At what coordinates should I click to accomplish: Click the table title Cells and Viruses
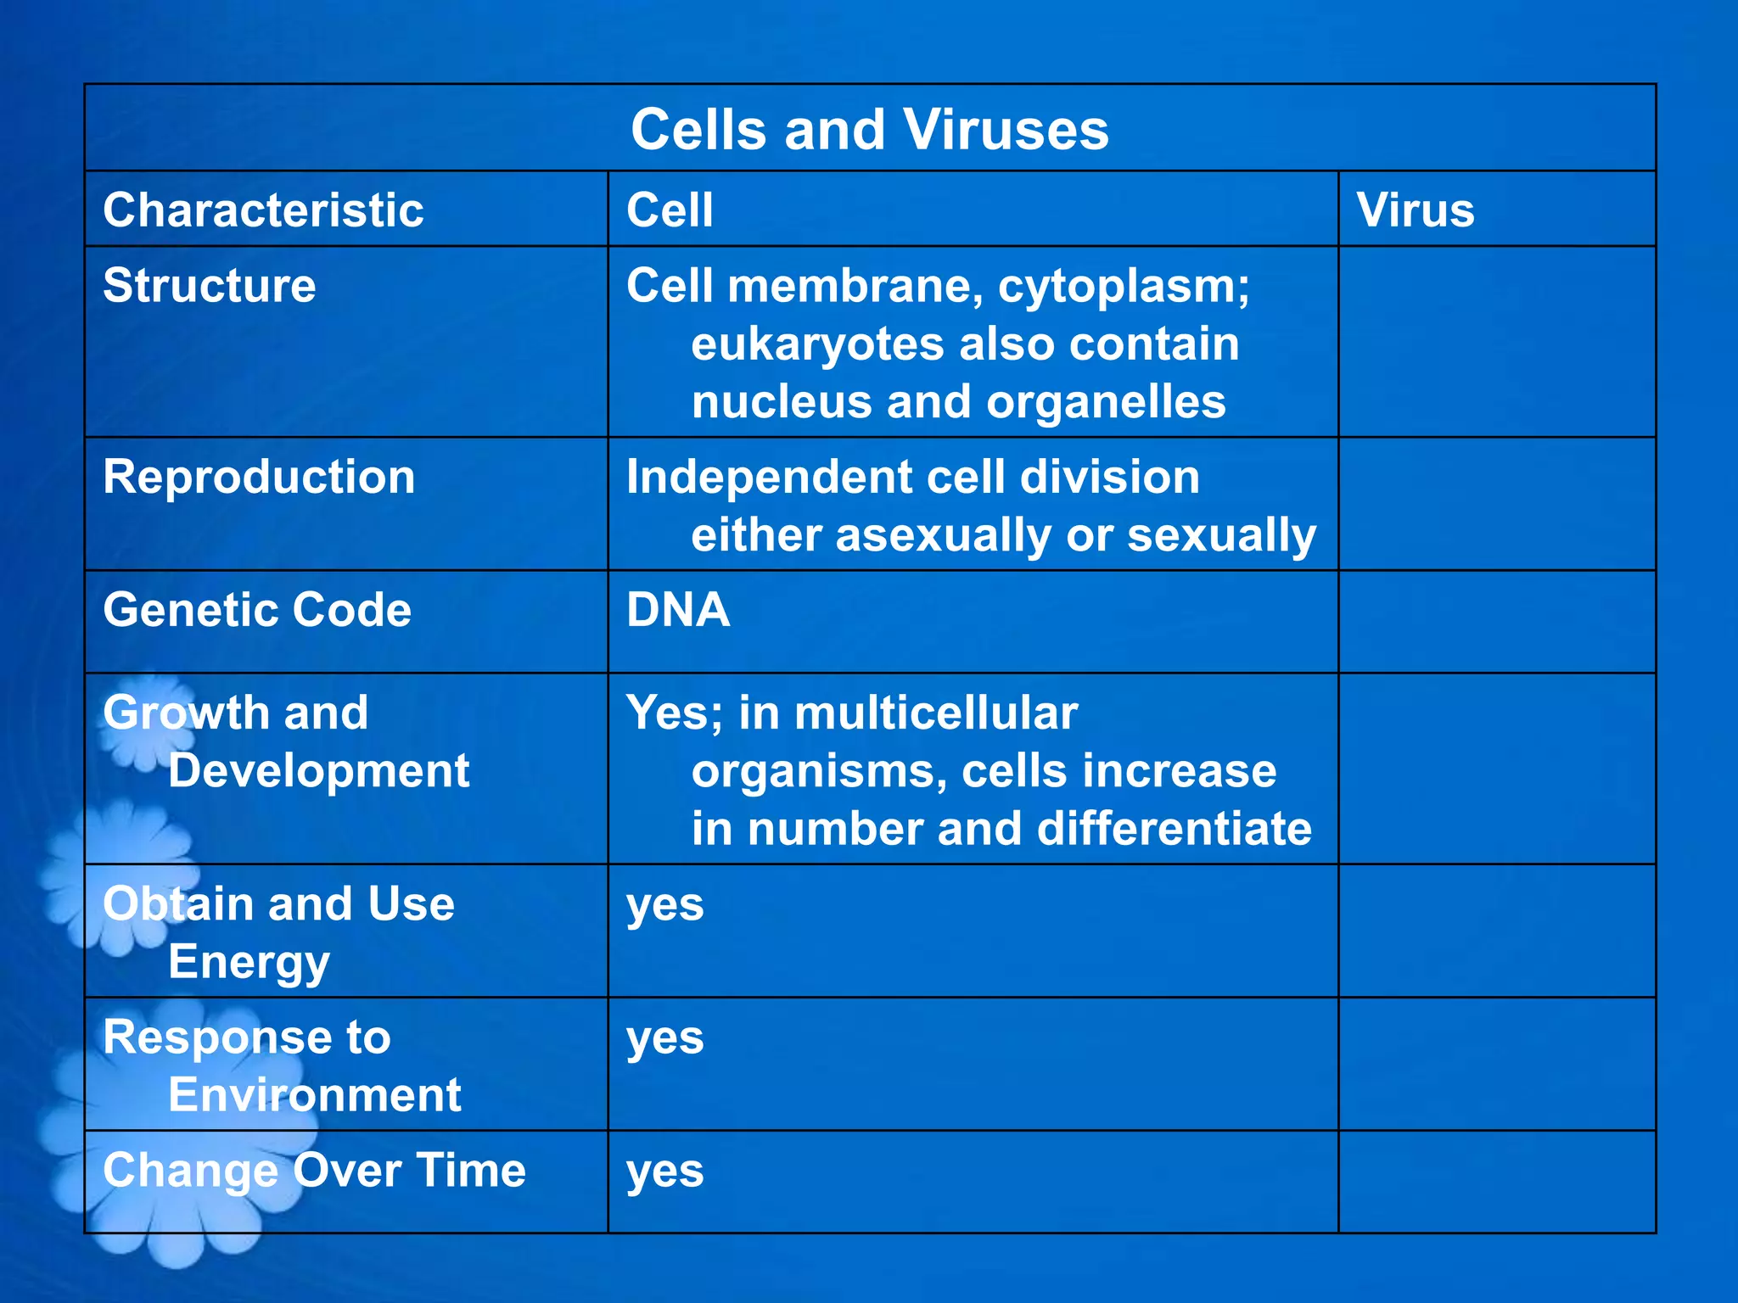[x=870, y=130]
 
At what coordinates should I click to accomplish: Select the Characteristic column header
[x=263, y=210]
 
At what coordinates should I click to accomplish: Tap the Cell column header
[x=670, y=210]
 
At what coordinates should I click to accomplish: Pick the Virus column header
[x=1415, y=210]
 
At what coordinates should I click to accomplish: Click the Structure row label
[x=210, y=285]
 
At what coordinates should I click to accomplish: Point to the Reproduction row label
[x=259, y=477]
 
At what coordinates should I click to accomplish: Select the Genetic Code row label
[x=257, y=610]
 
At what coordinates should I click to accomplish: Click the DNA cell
[x=678, y=610]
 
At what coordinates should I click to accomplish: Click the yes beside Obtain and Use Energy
[x=665, y=905]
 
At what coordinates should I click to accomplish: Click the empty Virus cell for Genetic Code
[x=1496, y=622]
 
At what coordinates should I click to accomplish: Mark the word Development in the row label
[x=318, y=771]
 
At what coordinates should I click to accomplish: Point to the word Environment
[x=314, y=1095]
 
